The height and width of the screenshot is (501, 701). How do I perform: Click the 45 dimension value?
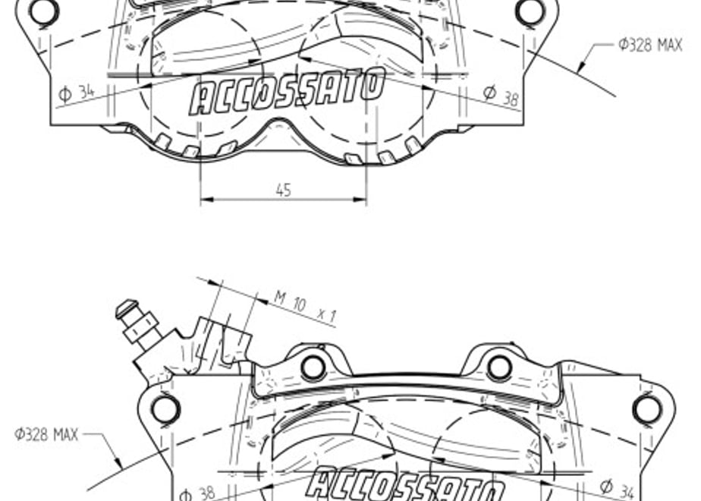284,190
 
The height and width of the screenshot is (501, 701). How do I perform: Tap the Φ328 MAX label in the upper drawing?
650,45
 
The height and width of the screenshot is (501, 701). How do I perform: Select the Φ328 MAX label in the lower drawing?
46,434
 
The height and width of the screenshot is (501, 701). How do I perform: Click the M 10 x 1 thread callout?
304,307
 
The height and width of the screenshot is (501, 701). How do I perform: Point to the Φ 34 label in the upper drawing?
77,93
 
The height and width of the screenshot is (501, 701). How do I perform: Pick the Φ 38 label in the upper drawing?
501,96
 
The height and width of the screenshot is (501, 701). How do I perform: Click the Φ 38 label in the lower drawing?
197,494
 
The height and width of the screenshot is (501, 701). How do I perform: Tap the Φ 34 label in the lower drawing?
617,489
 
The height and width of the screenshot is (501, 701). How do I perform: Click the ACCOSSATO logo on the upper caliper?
287,92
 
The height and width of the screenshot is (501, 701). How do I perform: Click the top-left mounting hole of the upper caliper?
44,11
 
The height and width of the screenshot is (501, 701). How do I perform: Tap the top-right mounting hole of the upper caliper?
530,11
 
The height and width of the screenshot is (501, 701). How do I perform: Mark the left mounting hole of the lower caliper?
166,409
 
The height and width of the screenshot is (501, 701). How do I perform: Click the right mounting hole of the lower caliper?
647,409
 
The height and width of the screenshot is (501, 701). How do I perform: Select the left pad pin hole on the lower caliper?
313,367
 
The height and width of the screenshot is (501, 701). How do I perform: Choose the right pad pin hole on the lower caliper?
499,367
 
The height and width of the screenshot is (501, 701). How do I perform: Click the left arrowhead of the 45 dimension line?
206,199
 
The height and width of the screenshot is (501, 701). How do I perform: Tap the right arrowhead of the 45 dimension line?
360,199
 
